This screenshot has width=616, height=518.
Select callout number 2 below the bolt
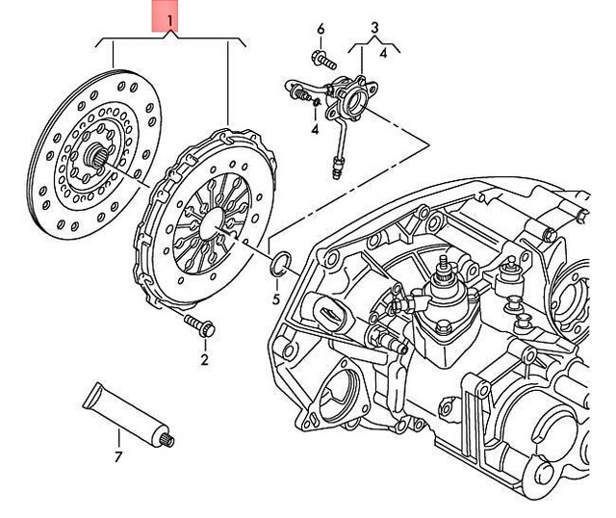pos(204,360)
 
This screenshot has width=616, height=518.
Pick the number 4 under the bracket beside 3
pos(383,54)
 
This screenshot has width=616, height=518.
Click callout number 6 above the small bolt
pos(321,29)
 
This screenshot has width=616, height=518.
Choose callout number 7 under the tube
pos(118,456)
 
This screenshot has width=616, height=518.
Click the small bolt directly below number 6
pos(324,60)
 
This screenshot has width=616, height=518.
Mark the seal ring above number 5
pos(277,265)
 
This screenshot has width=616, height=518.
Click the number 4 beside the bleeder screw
pos(315,129)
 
